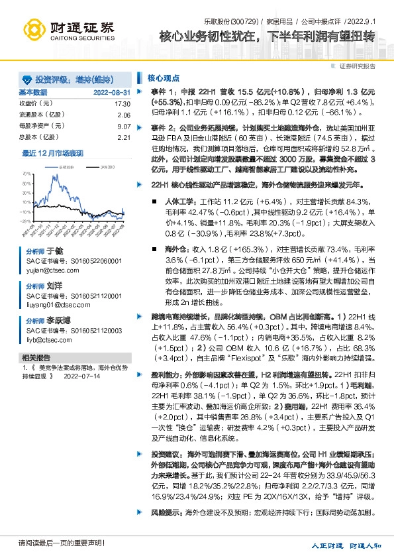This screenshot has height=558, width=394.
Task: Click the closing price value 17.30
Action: [122, 104]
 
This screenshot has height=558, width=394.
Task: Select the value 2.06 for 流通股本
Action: [124, 115]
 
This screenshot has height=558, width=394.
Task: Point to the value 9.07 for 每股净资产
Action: [124, 126]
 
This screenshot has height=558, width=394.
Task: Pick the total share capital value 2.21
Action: [124, 137]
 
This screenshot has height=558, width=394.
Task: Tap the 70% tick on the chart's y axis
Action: [26, 173]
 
